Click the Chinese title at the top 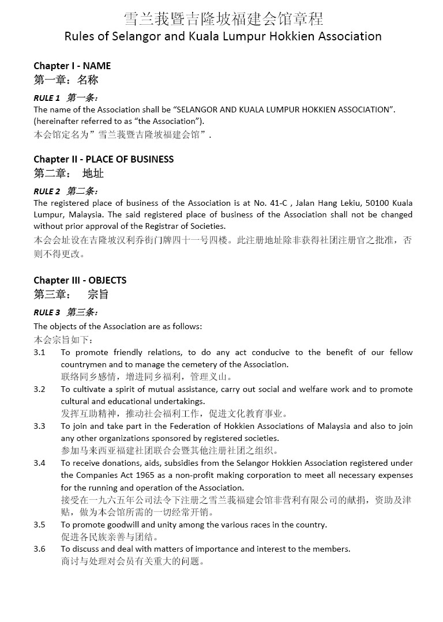[x=223, y=18]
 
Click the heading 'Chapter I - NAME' [x=72, y=66]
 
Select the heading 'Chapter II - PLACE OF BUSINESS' [x=103, y=159]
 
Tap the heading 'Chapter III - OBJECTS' [x=80, y=280]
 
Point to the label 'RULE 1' [x=47, y=98]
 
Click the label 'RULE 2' [x=47, y=191]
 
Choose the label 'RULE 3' [x=47, y=312]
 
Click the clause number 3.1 [x=39, y=352]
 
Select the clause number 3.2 [x=39, y=389]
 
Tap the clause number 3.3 [x=39, y=426]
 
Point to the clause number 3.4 [x=39, y=463]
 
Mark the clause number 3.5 [x=39, y=525]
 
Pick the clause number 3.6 [x=39, y=549]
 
